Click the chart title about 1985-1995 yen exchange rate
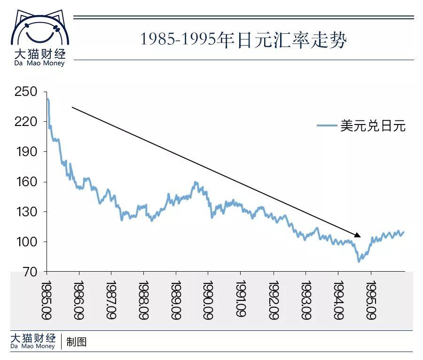[x=243, y=40]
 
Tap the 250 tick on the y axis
[x=26, y=92]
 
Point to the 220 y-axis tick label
[x=26, y=122]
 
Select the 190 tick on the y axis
[x=26, y=152]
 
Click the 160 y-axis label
[x=26, y=182]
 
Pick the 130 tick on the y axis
[x=26, y=212]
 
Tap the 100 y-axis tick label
[x=26, y=242]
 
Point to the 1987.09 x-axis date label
[x=111, y=301]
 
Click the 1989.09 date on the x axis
[x=176, y=301]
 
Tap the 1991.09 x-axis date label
[x=241, y=301]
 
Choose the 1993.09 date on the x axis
[x=306, y=301]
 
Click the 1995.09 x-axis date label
[x=371, y=301]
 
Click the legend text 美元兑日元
[x=373, y=126]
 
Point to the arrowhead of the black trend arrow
[x=358, y=235]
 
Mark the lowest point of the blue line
[x=359, y=261]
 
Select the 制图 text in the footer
[x=77, y=342]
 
